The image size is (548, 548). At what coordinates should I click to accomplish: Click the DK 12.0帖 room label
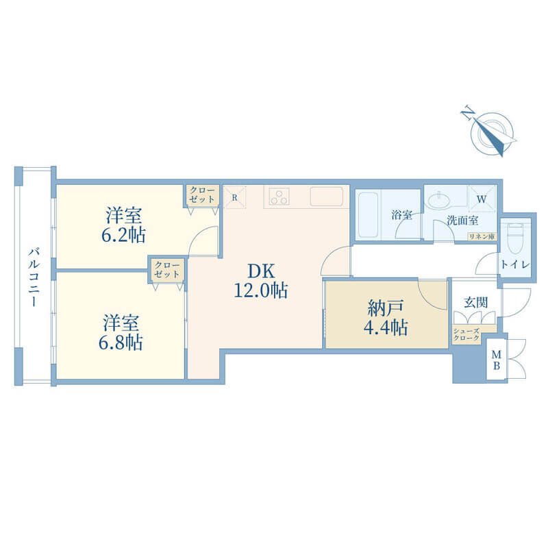[261, 281]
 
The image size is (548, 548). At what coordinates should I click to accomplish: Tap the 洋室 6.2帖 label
[124, 225]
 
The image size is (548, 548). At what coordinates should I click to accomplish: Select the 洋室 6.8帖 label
[121, 332]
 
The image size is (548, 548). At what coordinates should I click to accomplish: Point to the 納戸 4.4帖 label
[386, 317]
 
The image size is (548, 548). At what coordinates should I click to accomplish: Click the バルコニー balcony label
[34, 277]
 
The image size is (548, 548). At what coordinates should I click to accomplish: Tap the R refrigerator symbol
[234, 197]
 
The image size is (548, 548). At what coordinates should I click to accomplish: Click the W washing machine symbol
[482, 199]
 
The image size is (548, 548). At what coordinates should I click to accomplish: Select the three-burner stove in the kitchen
[279, 197]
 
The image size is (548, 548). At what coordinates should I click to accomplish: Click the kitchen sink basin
[326, 197]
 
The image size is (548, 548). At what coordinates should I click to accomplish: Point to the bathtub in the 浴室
[369, 214]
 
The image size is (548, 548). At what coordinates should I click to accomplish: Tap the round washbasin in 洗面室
[439, 201]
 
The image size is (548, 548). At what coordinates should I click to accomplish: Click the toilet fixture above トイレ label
[516, 238]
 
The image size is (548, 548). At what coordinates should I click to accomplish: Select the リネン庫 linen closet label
[482, 236]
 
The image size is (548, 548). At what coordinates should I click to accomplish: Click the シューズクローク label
[466, 334]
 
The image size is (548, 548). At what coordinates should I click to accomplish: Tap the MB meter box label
[496, 360]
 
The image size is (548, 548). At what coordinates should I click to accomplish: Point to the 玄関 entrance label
[475, 303]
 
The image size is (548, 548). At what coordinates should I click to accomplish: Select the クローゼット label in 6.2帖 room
[202, 195]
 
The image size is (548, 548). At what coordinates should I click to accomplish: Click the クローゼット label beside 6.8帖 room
[166, 269]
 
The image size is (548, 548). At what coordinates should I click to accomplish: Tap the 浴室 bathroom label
[402, 214]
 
